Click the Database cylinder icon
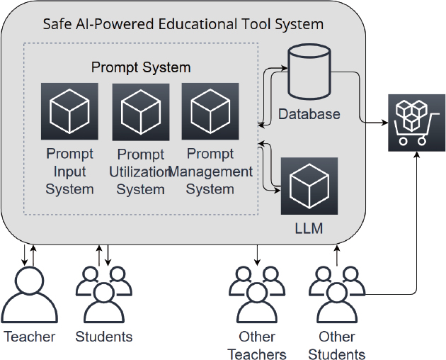[309, 73]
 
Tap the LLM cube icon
[309, 186]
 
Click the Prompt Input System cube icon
[69, 111]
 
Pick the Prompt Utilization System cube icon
[140, 111]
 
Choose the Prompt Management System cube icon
[210, 111]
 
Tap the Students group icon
[104, 293]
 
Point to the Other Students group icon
[337, 293]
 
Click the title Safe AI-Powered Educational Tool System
[183, 24]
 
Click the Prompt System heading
[141, 67]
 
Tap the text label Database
[309, 114]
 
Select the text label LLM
[309, 228]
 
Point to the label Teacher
[30, 337]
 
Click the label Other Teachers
[257, 345]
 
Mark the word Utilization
[141, 172]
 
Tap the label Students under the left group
[104, 337]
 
